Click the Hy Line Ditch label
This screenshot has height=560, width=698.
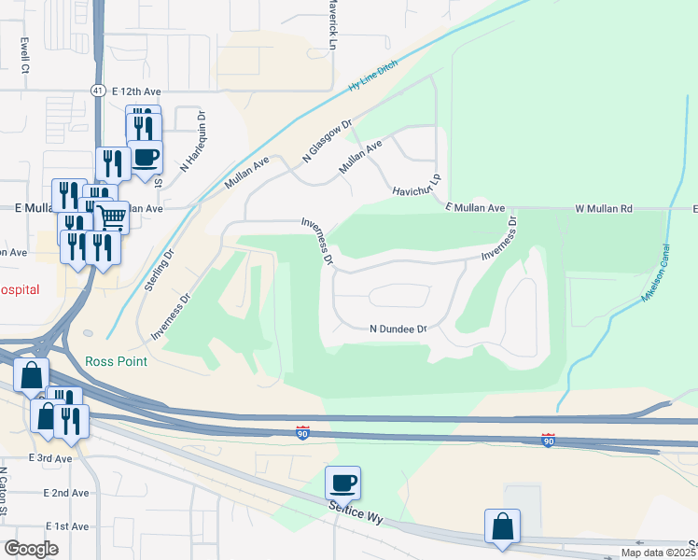point(372,75)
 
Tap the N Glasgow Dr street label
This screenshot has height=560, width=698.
point(327,143)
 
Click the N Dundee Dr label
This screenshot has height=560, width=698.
point(398,329)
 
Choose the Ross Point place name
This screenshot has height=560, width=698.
point(116,361)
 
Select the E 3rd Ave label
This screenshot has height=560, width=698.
point(50,458)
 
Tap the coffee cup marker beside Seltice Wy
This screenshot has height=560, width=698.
point(342,483)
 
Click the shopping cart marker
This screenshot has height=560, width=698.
point(112,217)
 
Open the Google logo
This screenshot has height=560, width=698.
point(32,548)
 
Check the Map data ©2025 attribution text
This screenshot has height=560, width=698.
point(659,553)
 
